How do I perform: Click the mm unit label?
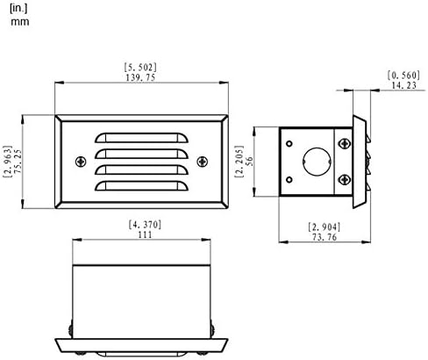(x=19, y=22)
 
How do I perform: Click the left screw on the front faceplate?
(x=81, y=162)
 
